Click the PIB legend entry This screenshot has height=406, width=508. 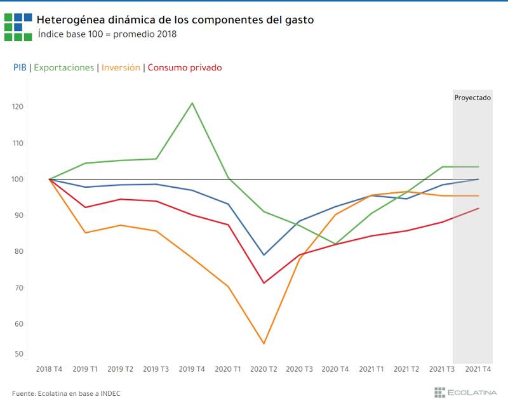pyautogui.click(x=19, y=67)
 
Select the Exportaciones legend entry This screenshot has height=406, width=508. pyautogui.click(x=63, y=67)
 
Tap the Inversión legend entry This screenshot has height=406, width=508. pyautogui.click(x=121, y=67)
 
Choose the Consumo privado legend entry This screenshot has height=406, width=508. pyautogui.click(x=185, y=67)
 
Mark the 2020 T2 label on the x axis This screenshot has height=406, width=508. pyautogui.click(x=264, y=369)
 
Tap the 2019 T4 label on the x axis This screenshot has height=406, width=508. pyautogui.click(x=192, y=369)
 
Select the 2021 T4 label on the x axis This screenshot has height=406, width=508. pyautogui.click(x=478, y=369)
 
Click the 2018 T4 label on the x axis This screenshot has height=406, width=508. pyautogui.click(x=49, y=369)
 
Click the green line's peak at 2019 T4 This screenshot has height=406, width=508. pyautogui.click(x=192, y=103)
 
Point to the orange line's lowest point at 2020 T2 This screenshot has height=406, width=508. pyautogui.click(x=264, y=344)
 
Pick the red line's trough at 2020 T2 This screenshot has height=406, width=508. pyautogui.click(x=264, y=283)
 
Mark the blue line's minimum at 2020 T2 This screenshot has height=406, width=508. pyautogui.click(x=264, y=255)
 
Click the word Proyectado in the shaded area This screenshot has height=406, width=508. pyautogui.click(x=472, y=98)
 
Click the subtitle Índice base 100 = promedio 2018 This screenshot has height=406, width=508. pyautogui.click(x=107, y=34)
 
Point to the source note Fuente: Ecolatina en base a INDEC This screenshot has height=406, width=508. pyautogui.click(x=66, y=393)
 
